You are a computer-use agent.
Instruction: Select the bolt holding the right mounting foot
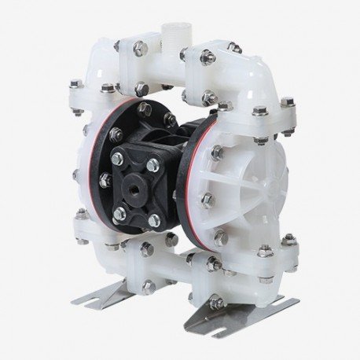tap(218, 299)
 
